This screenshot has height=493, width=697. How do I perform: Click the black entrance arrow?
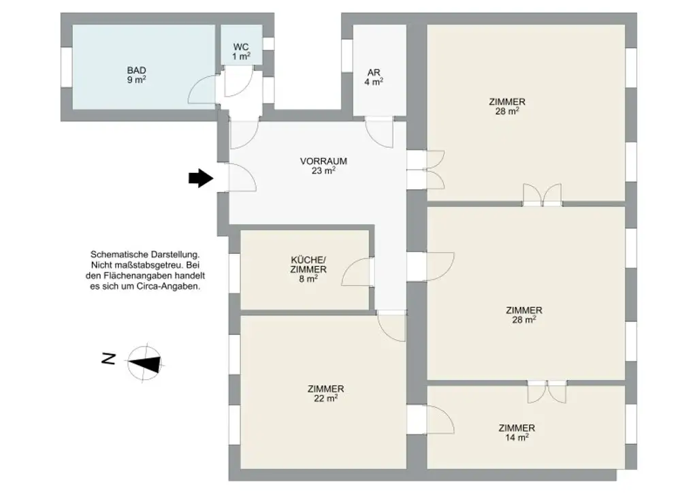point(199,178)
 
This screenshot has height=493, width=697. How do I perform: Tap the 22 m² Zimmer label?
point(325,394)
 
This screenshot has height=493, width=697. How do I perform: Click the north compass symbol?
point(145,361)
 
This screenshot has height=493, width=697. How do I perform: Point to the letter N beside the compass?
point(108,359)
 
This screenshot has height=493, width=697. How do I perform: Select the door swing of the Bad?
point(201,87)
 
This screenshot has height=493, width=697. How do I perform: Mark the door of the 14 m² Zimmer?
point(440,418)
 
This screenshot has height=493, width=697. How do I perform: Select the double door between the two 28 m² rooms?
point(542,195)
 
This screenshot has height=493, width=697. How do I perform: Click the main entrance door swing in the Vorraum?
point(241,178)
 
